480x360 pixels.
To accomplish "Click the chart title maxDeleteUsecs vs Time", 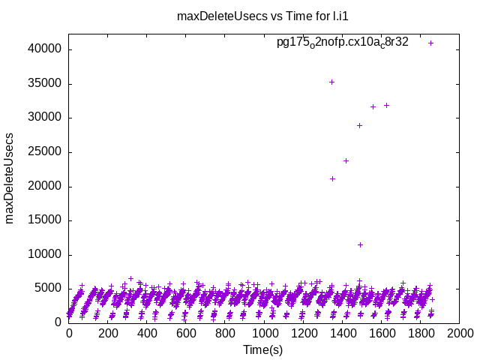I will [x=241, y=16].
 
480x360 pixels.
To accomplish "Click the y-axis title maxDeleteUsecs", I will [x=10, y=178].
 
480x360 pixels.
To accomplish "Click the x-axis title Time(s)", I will [x=262, y=349].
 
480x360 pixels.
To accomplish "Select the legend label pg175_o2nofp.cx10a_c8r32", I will [x=343, y=42].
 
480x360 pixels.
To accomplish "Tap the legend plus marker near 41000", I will [x=431, y=43].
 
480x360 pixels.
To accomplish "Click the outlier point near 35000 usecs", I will [x=331, y=82].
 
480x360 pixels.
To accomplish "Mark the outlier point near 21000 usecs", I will [x=332, y=178].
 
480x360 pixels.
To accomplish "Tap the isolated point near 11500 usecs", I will [x=361, y=244].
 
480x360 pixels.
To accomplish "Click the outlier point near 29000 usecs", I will [x=359, y=125].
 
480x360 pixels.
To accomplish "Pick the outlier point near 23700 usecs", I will [x=346, y=160].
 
